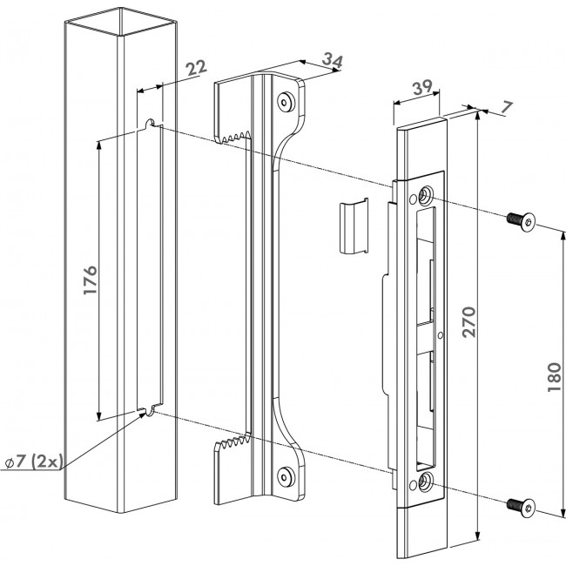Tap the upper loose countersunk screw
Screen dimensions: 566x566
point(520,220)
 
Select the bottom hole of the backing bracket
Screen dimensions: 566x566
point(285,475)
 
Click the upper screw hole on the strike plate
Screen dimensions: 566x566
point(424,196)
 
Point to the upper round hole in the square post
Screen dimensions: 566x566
point(151,123)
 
